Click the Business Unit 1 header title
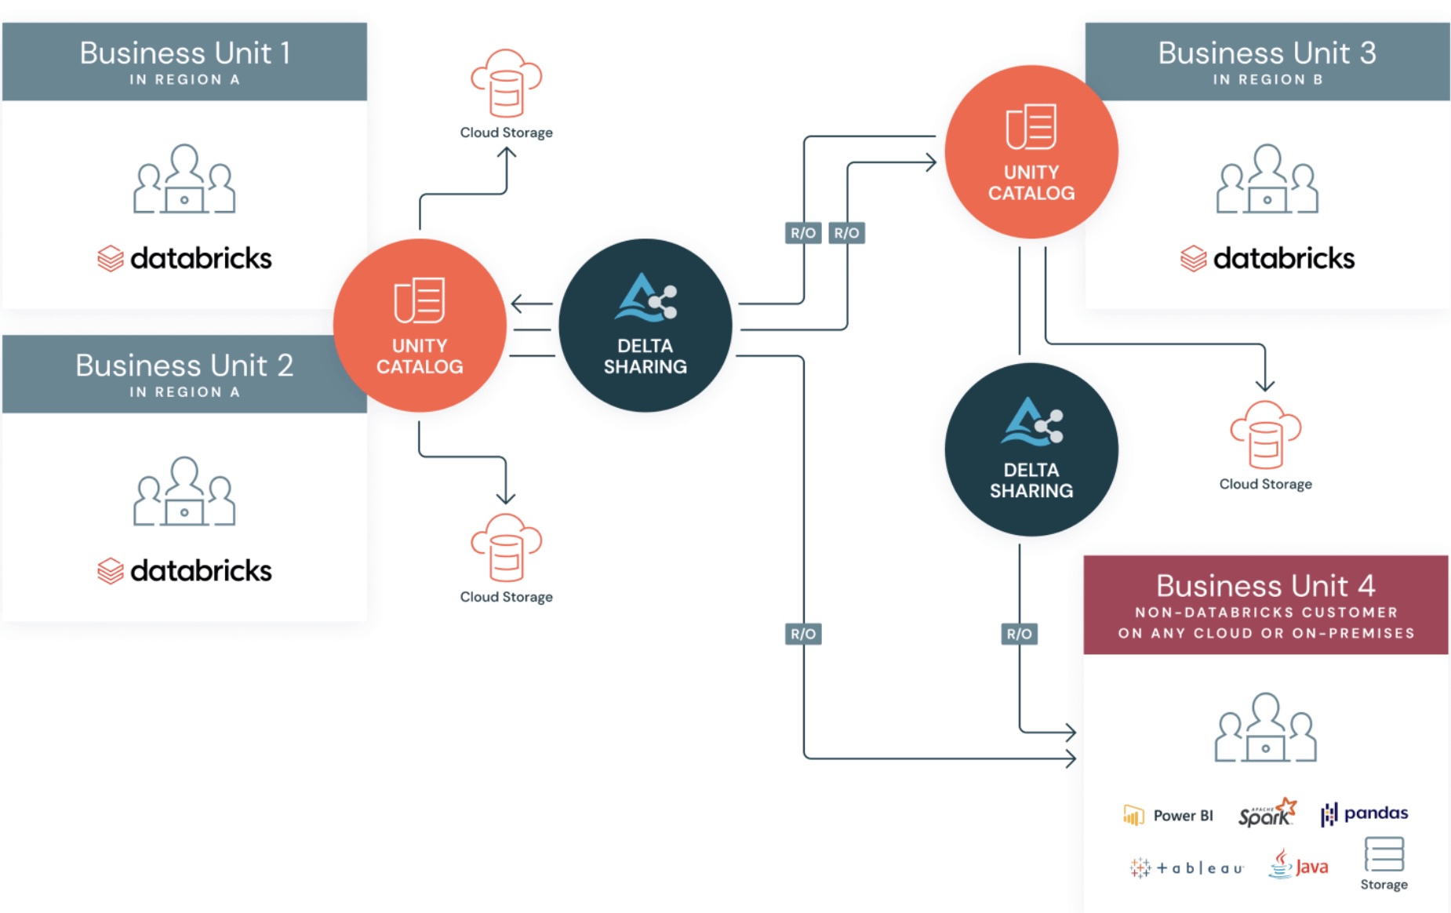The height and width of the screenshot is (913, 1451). [185, 53]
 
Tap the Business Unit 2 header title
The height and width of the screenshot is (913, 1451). [185, 366]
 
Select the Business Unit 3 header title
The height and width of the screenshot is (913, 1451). [1267, 53]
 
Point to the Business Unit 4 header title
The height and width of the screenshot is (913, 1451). [1265, 586]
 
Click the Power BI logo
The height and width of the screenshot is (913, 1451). [1168, 816]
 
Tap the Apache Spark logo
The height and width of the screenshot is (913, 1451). [1267, 813]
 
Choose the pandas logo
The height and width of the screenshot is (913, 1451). [1364, 813]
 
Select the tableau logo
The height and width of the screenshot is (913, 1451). [1187, 868]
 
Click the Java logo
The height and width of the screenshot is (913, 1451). [1298, 865]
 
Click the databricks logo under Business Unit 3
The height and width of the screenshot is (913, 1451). [1267, 258]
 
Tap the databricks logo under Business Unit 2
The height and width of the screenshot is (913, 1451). [185, 570]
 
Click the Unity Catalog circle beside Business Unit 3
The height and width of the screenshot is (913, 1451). [1031, 152]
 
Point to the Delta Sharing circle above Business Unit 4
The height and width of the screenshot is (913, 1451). [1031, 449]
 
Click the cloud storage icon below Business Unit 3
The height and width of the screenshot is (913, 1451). [1265, 435]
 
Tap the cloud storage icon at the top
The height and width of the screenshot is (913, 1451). [506, 82]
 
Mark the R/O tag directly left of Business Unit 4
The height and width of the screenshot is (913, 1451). [1019, 634]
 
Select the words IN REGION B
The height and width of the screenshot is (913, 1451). [1267, 79]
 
